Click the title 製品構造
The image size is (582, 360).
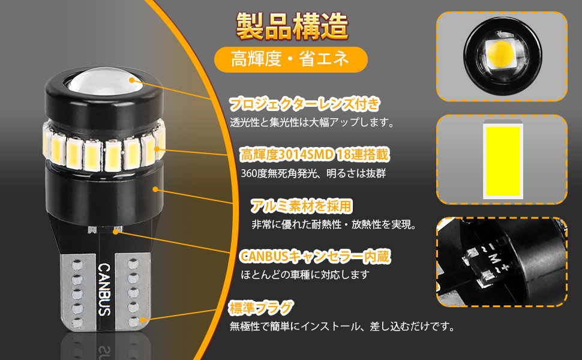click(292, 26)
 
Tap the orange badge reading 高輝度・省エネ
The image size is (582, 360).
click(290, 59)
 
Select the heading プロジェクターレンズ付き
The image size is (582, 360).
click(305, 104)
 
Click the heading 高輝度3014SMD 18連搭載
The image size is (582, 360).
click(315, 155)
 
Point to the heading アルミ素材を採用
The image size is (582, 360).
click(301, 206)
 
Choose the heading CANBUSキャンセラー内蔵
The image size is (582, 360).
click(315, 256)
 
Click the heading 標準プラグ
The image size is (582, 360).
click(261, 308)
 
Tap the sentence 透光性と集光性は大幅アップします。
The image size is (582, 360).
click(313, 122)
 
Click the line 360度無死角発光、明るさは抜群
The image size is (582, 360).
click(314, 173)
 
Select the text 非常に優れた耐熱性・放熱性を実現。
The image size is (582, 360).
click(334, 224)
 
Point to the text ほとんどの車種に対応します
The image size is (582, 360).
click(305, 275)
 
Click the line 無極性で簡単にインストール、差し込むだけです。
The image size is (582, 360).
click(342, 326)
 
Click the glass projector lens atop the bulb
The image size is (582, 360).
click(105, 80)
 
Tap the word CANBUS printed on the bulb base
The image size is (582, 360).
click(104, 289)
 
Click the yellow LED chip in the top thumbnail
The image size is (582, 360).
click(500, 54)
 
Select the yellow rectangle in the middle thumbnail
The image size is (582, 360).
click(503, 161)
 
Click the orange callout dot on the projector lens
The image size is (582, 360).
click(133, 80)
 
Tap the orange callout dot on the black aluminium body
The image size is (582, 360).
click(155, 190)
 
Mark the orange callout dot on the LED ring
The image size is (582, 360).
click(157, 149)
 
